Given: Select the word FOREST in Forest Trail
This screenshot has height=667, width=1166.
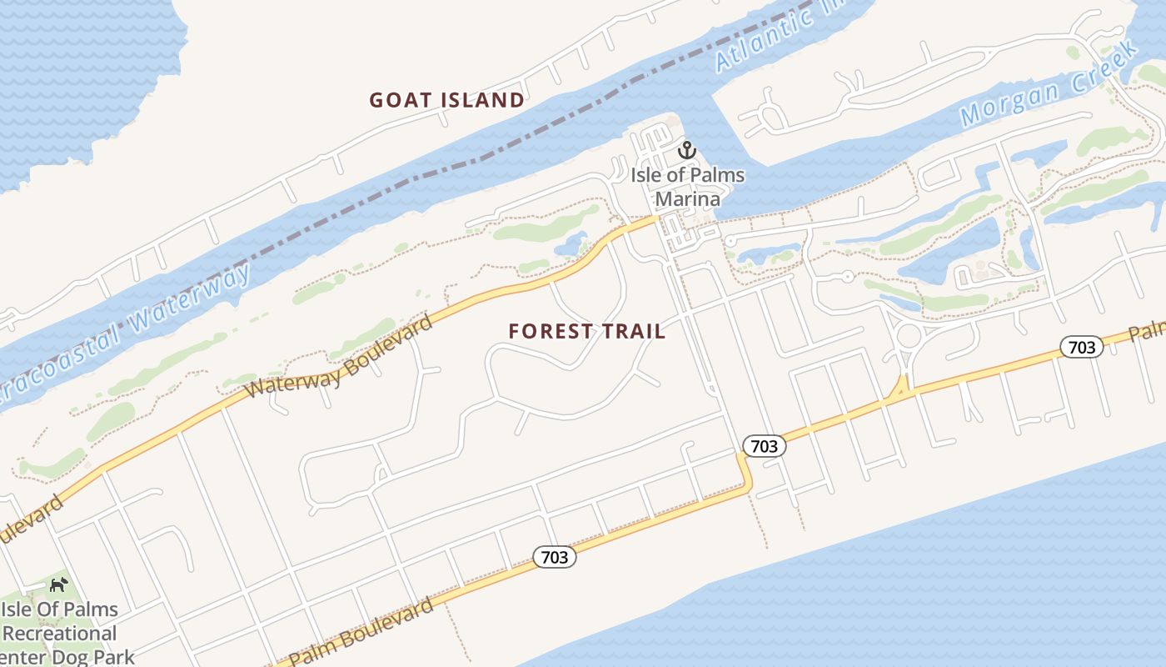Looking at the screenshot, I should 547,331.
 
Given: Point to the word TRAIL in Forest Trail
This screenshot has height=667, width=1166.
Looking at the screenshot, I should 632,331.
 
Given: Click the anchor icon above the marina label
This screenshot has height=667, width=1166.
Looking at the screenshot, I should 687,151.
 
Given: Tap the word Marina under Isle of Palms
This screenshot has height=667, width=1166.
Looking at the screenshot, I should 687,198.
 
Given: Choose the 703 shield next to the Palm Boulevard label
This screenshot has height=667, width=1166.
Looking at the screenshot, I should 554,557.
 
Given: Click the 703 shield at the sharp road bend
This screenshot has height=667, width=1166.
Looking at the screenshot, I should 764,446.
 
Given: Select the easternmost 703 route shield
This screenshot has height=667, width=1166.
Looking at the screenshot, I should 1081,347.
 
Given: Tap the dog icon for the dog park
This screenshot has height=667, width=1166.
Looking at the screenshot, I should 58,585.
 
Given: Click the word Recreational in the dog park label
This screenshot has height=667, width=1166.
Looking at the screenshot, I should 60,634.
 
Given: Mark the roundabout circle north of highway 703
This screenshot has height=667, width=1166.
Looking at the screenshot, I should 909,336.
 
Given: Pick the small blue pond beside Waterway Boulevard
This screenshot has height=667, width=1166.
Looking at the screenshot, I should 572,244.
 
